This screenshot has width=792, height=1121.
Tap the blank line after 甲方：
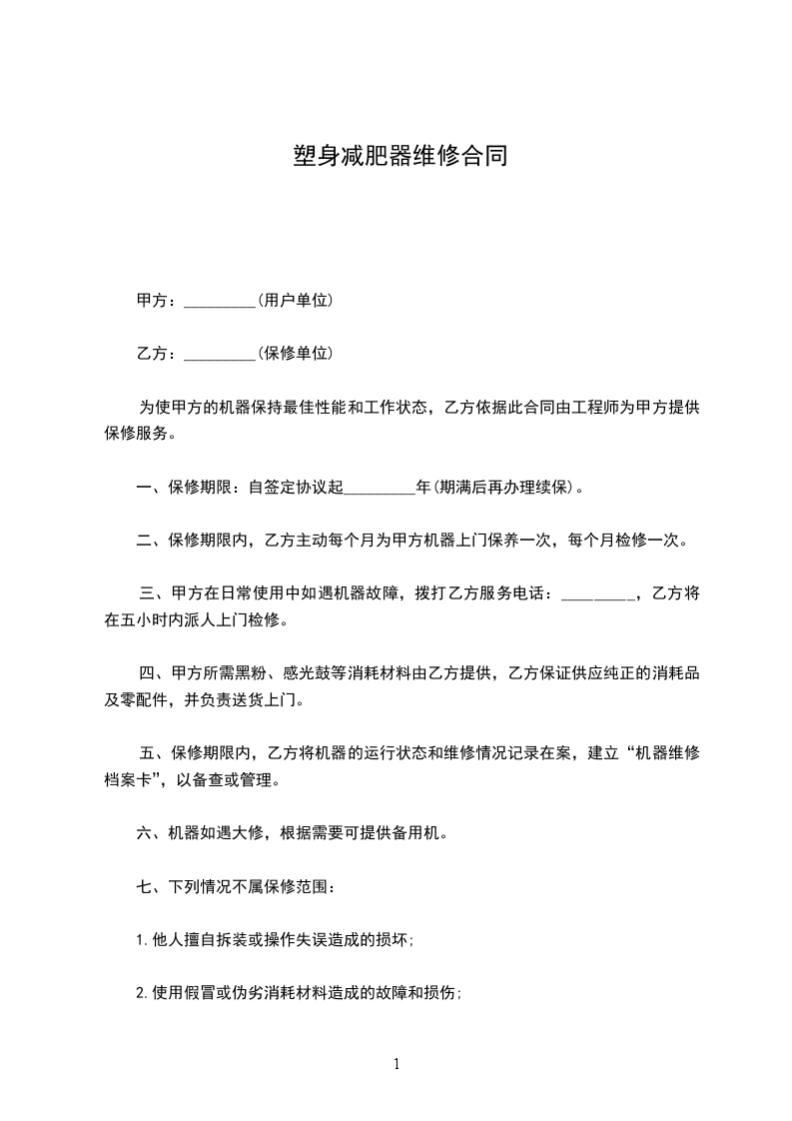(220, 301)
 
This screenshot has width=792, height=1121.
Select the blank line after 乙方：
(220, 354)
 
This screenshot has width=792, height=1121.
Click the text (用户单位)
(295, 300)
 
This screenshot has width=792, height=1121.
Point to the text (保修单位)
(295, 353)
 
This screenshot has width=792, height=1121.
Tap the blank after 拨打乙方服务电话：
(597, 594)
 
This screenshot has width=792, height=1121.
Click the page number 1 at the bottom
(396, 1064)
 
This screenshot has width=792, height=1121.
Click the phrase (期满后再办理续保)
(504, 488)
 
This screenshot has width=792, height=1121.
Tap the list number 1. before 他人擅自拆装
(142, 939)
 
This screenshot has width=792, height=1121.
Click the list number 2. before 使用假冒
(142, 993)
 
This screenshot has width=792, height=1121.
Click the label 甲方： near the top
(157, 300)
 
